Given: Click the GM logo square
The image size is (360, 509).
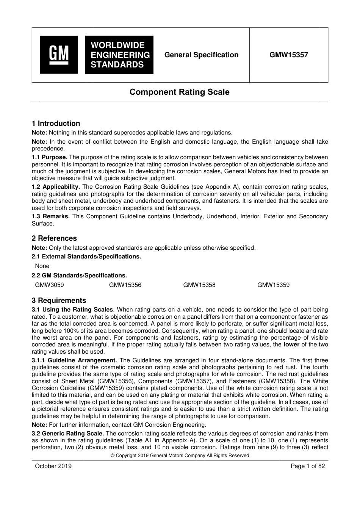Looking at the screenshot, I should (59, 55).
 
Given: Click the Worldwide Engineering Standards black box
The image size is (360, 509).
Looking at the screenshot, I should (119, 55).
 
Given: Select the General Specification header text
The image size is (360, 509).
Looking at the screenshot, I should (201, 55).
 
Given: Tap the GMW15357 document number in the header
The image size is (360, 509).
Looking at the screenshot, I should (289, 55).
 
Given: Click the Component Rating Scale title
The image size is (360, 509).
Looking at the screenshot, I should (180, 92).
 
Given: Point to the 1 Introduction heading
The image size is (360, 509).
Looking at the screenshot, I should (56, 124).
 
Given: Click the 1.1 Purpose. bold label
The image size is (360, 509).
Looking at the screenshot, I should (50, 157).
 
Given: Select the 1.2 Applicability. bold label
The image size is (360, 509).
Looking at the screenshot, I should (56, 187).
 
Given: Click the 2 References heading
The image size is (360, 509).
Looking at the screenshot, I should (54, 238).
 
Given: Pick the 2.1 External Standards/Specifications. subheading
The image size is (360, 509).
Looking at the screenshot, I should (86, 257).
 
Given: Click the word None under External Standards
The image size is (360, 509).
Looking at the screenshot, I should (42, 266).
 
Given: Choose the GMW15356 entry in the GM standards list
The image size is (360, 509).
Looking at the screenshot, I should (125, 285).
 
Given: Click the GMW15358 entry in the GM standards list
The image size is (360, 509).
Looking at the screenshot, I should (199, 285).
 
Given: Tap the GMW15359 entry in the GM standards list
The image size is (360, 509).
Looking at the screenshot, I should (273, 285).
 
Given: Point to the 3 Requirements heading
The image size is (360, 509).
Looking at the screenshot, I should (59, 301).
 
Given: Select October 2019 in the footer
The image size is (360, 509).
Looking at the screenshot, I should (53, 466).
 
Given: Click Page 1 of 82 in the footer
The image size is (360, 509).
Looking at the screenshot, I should (308, 466).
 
